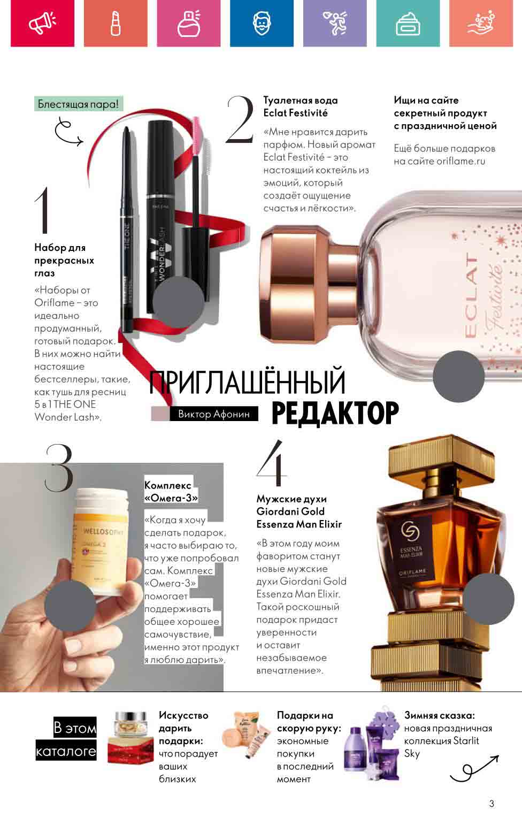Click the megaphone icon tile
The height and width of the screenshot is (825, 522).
coord(42,23)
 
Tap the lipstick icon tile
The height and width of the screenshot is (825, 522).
coord(116,23)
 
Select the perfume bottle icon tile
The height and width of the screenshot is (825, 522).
coord(188,23)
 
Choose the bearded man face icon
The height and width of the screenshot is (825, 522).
coord(262,23)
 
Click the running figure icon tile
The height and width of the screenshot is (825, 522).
coord(335,23)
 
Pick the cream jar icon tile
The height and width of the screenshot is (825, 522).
coord(408,23)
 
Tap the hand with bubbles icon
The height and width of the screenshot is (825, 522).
coord(481,23)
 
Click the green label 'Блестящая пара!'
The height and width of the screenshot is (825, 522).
coord(79,104)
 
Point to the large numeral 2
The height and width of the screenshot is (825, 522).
coord(240,120)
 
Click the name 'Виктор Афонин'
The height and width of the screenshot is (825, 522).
coord(214,414)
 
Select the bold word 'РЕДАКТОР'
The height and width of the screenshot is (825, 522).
coord(335,413)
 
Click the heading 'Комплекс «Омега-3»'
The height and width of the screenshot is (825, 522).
coord(171,492)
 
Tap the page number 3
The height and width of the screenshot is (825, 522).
coord(492,803)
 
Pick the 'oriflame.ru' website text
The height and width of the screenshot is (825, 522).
coord(460,161)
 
